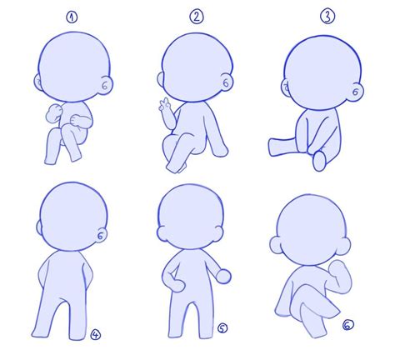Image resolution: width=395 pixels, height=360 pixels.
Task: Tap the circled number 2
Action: [x=197, y=16]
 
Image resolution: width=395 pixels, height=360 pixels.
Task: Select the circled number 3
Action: [x=327, y=16]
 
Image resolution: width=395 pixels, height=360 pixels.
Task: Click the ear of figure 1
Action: [x=107, y=86]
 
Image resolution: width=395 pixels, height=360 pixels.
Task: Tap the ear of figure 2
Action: [x=226, y=83]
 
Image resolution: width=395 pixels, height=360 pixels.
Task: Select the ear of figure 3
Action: [x=357, y=90]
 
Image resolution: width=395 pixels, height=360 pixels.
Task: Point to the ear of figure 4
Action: [x=102, y=237]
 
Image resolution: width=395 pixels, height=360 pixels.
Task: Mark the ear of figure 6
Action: [x=277, y=245]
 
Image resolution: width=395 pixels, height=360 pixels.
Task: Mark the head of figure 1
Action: [x=73, y=65]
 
